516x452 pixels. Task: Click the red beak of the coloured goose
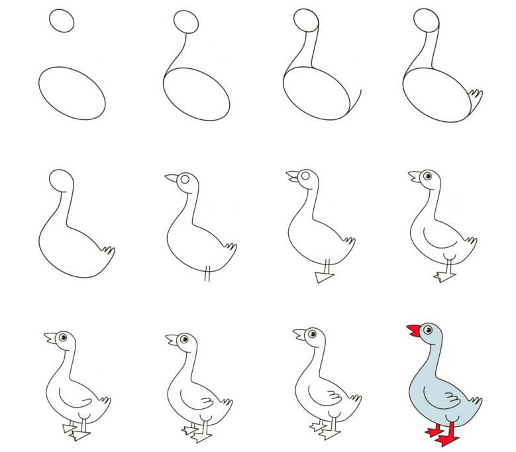[411, 330]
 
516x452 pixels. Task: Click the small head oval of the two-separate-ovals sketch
[62, 21]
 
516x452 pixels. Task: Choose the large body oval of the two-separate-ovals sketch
[72, 93]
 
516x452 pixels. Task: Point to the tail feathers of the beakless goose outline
[108, 251]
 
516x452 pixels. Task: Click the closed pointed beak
[172, 178]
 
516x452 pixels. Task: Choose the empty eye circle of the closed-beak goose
[187, 178]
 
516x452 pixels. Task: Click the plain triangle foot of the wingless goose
[324, 278]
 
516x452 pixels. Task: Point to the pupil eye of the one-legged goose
[428, 176]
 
